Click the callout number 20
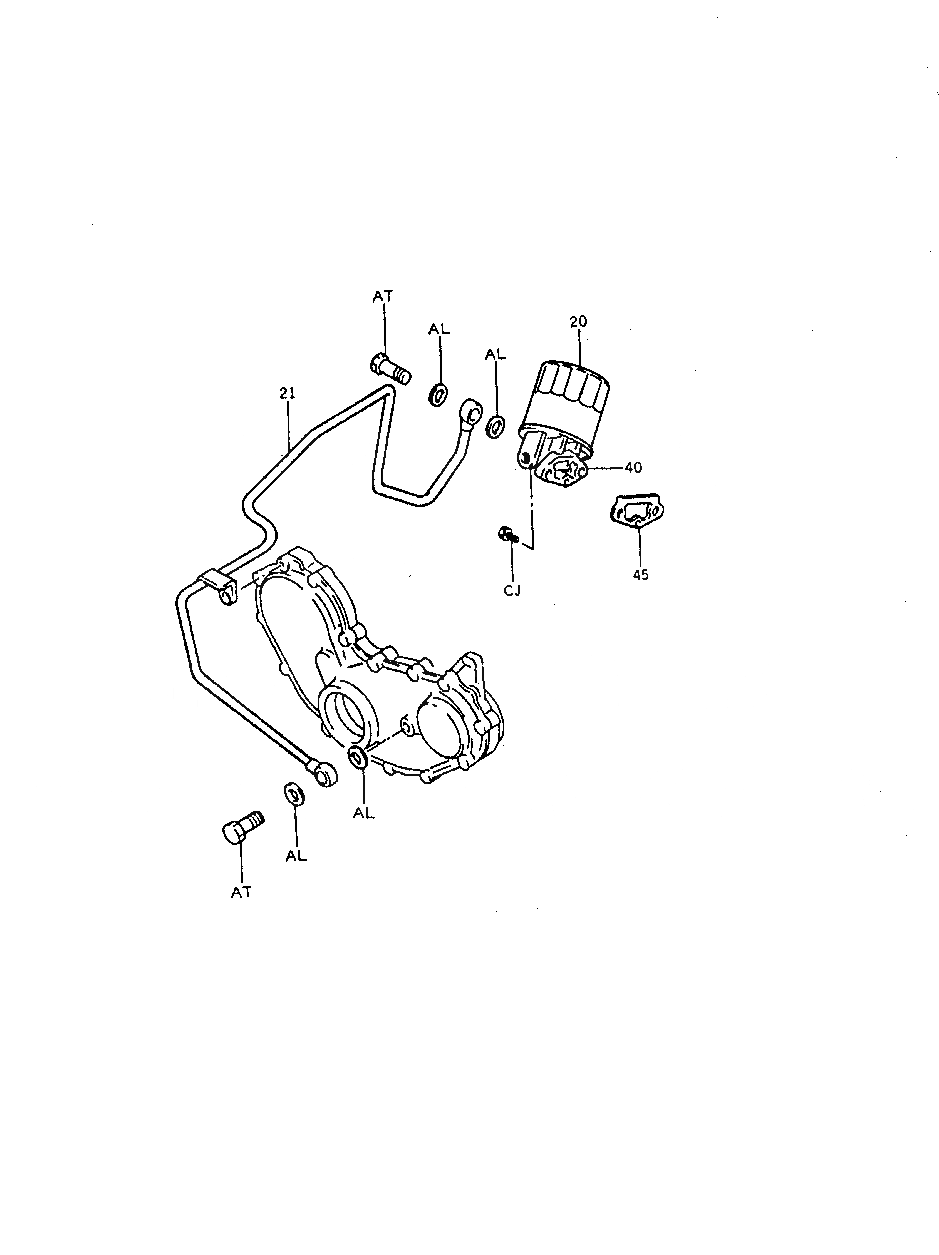[579, 322]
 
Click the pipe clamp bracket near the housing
[219, 587]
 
